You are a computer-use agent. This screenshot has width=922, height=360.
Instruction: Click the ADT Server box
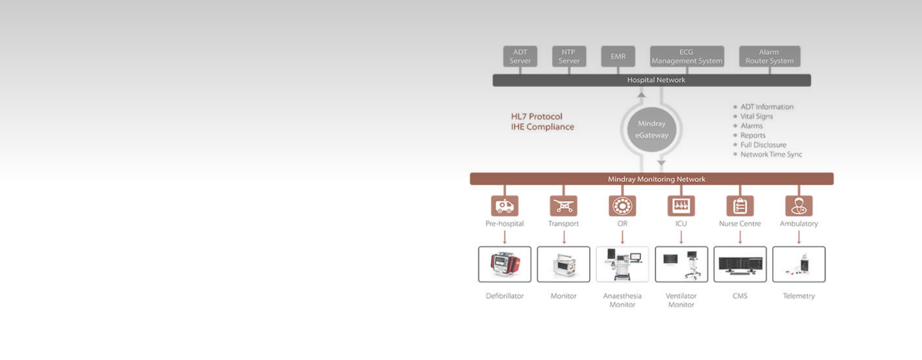(520, 56)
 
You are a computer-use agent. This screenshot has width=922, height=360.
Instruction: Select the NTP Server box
(569, 56)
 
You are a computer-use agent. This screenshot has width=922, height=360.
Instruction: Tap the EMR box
(618, 56)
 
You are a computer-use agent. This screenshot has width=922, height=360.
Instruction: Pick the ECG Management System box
(687, 56)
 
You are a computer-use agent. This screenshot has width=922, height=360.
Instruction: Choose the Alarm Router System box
(769, 56)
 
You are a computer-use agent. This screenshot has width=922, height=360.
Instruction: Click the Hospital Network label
(656, 80)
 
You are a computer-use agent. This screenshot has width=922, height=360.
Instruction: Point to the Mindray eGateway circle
(652, 130)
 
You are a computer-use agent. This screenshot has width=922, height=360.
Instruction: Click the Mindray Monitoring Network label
(656, 179)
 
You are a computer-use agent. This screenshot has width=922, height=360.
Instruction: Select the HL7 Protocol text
(536, 117)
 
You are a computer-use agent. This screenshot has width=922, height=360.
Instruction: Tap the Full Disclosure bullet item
(763, 145)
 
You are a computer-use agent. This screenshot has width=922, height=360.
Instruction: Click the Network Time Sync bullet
(771, 155)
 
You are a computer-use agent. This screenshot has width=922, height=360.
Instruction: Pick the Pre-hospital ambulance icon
(505, 206)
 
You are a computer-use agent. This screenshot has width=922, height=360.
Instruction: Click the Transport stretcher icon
(563, 206)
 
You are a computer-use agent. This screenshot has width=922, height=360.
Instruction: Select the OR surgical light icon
(622, 206)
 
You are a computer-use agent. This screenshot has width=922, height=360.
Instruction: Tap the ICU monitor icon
(681, 206)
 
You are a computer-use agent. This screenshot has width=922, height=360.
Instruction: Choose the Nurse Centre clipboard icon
(740, 206)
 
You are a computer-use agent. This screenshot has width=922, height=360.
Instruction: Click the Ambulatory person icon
(799, 206)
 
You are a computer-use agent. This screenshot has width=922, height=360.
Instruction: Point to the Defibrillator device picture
(505, 264)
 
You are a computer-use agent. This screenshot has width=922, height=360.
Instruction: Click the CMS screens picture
(740, 264)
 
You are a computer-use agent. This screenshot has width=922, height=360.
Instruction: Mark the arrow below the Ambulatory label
(799, 237)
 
